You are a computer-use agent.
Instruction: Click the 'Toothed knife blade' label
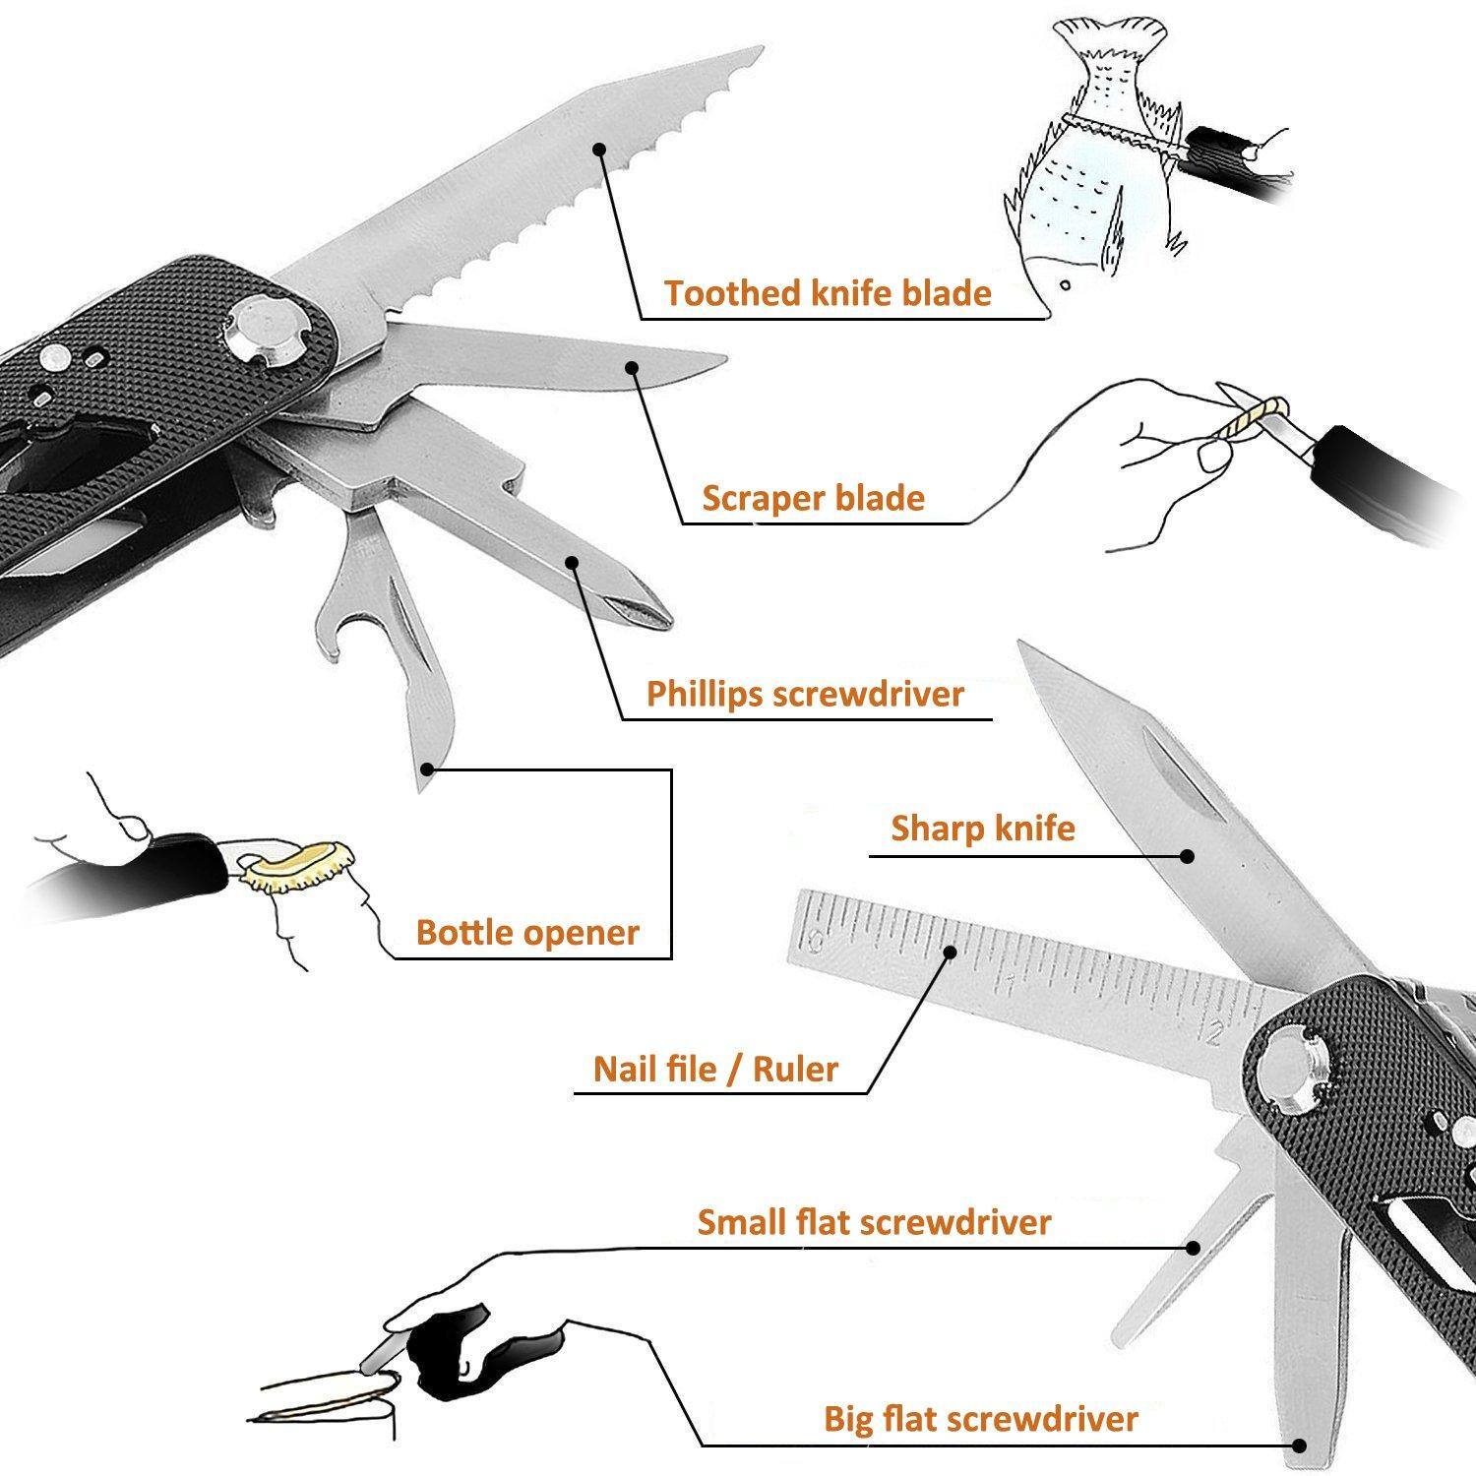pyautogui.click(x=827, y=293)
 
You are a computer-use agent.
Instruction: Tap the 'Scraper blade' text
pyautogui.click(x=813, y=498)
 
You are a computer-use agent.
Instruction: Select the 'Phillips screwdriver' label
pyautogui.click(x=805, y=694)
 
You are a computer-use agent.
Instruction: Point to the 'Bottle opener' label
pyautogui.click(x=527, y=932)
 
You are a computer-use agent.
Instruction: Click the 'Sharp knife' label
pyautogui.click(x=982, y=829)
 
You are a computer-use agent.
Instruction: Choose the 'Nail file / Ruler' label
pyautogui.click(x=715, y=1069)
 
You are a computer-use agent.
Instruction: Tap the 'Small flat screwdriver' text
pyautogui.click(x=874, y=1222)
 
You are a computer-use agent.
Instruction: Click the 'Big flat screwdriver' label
pyautogui.click(x=980, y=1419)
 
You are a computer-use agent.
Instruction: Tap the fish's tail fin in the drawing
pyautogui.click(x=1108, y=44)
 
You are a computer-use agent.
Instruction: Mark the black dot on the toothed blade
pyautogui.click(x=598, y=149)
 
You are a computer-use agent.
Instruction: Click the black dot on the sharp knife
pyautogui.click(x=1188, y=856)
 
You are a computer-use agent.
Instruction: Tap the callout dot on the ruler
pyautogui.click(x=951, y=952)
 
